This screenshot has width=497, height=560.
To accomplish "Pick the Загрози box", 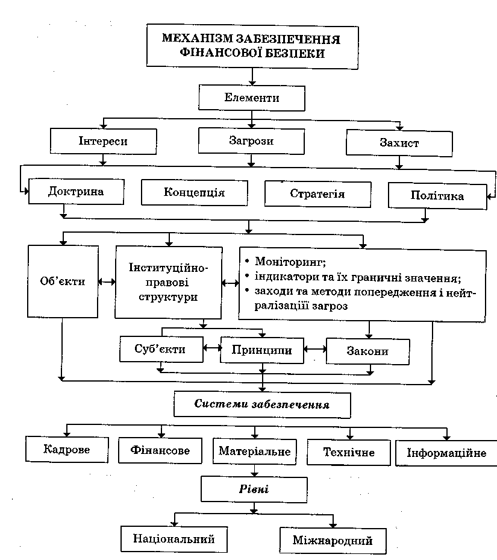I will click(x=251, y=142).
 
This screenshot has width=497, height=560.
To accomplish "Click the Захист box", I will click(x=399, y=144).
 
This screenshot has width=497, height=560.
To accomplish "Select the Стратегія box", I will click(x=317, y=194).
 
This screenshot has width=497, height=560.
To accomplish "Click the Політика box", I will click(x=437, y=196).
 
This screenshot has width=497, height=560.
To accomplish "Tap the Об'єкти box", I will click(x=63, y=281).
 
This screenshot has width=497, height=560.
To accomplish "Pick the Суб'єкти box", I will click(x=160, y=349).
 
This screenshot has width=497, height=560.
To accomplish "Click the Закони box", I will click(x=367, y=351).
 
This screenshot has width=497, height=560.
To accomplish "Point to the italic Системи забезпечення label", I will click(x=261, y=404).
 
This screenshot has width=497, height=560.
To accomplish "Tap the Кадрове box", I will click(x=66, y=450).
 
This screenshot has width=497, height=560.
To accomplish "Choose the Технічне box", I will click(x=349, y=452).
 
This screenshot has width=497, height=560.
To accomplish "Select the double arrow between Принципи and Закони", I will click(x=313, y=349).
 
